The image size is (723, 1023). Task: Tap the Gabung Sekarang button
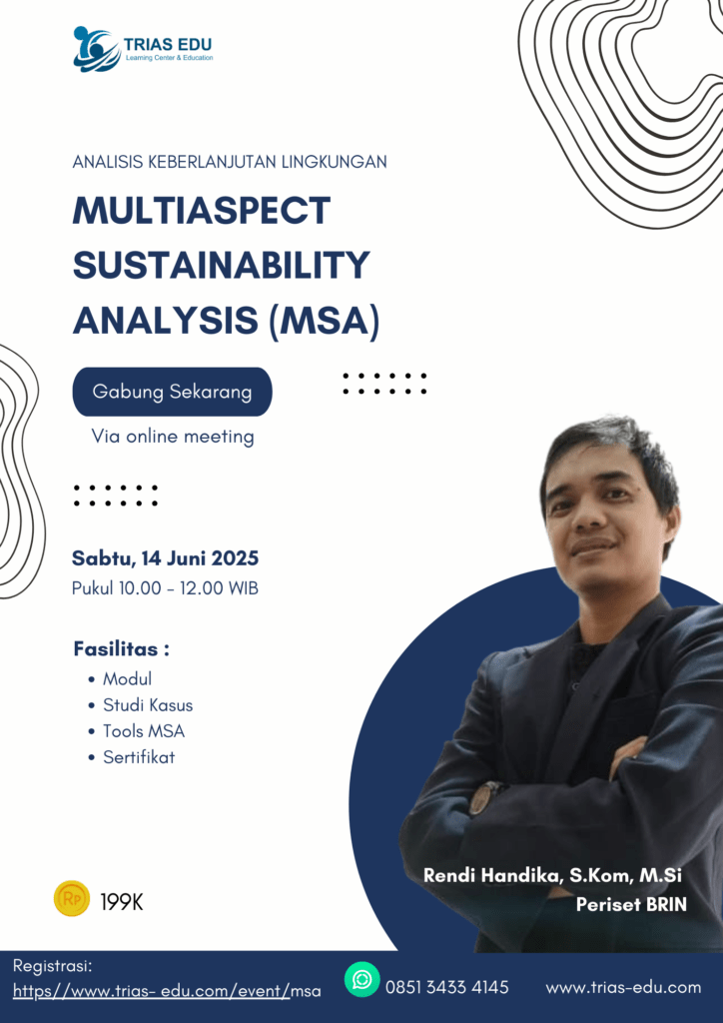[172, 392]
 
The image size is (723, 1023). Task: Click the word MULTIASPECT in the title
[202, 210]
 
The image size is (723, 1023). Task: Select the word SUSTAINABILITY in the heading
[221, 265]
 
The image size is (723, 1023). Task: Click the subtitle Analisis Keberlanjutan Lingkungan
[230, 161]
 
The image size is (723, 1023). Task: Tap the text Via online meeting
[173, 436]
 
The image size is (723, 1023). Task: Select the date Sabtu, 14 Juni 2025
[165, 558]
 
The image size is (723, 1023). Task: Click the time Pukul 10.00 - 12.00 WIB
[165, 587]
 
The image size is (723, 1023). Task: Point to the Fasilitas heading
[121, 649]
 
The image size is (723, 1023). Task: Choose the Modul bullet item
[127, 678]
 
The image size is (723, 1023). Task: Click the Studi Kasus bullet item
[148, 704]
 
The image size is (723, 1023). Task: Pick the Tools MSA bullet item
[144, 730]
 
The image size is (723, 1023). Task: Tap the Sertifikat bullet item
[139, 757]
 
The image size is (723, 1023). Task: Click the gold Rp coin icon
[72, 898]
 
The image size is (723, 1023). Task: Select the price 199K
[121, 902]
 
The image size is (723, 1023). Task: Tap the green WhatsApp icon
[361, 979]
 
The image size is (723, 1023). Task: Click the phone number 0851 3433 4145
[447, 987]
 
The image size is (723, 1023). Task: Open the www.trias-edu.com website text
[623, 987]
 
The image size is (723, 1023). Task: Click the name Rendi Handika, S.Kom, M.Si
[553, 875]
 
